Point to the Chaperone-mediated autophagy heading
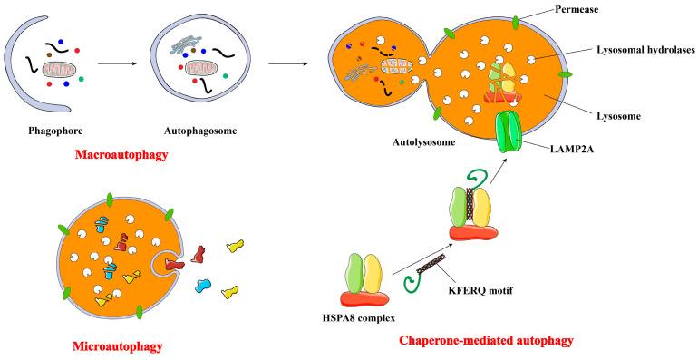pyautogui.click(x=486, y=342)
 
